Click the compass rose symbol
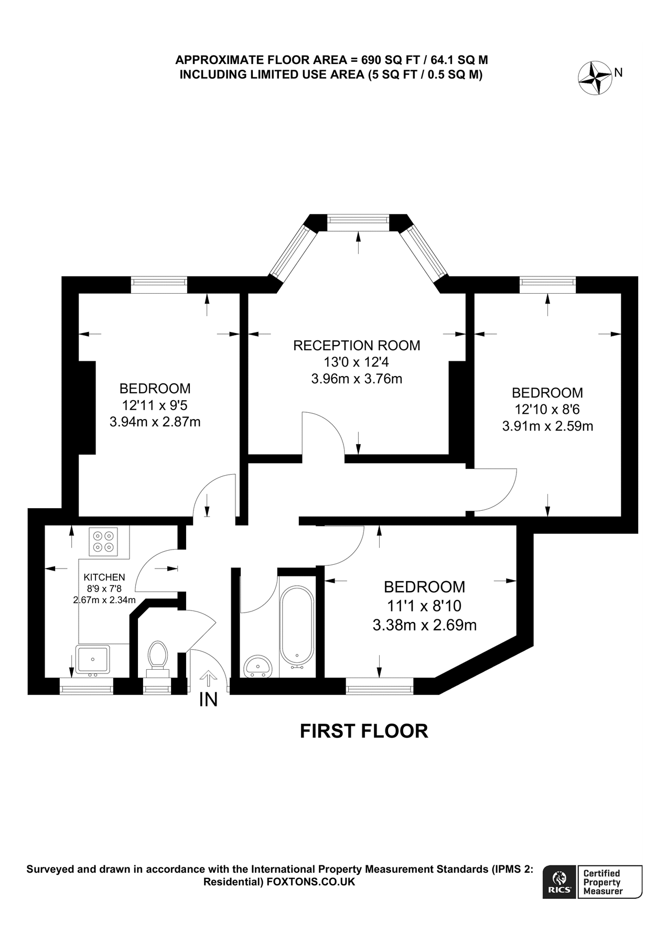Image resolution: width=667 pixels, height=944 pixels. pos(596,78)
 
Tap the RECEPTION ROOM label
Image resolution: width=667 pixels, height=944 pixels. pos(357,346)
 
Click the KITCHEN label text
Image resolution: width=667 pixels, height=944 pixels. pos(104,577)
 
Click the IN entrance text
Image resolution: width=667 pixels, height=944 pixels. pos(208,700)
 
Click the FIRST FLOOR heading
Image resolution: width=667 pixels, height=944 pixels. pos(364,731)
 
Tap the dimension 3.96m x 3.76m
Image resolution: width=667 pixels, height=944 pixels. pos(357,379)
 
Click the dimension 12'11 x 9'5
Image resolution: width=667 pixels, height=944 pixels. pos(155,405)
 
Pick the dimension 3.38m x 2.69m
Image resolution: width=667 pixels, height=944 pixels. pos(424,625)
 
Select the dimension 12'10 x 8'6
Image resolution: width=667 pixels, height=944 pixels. pos(547,410)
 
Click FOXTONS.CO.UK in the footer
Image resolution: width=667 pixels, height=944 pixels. pos(311,882)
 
